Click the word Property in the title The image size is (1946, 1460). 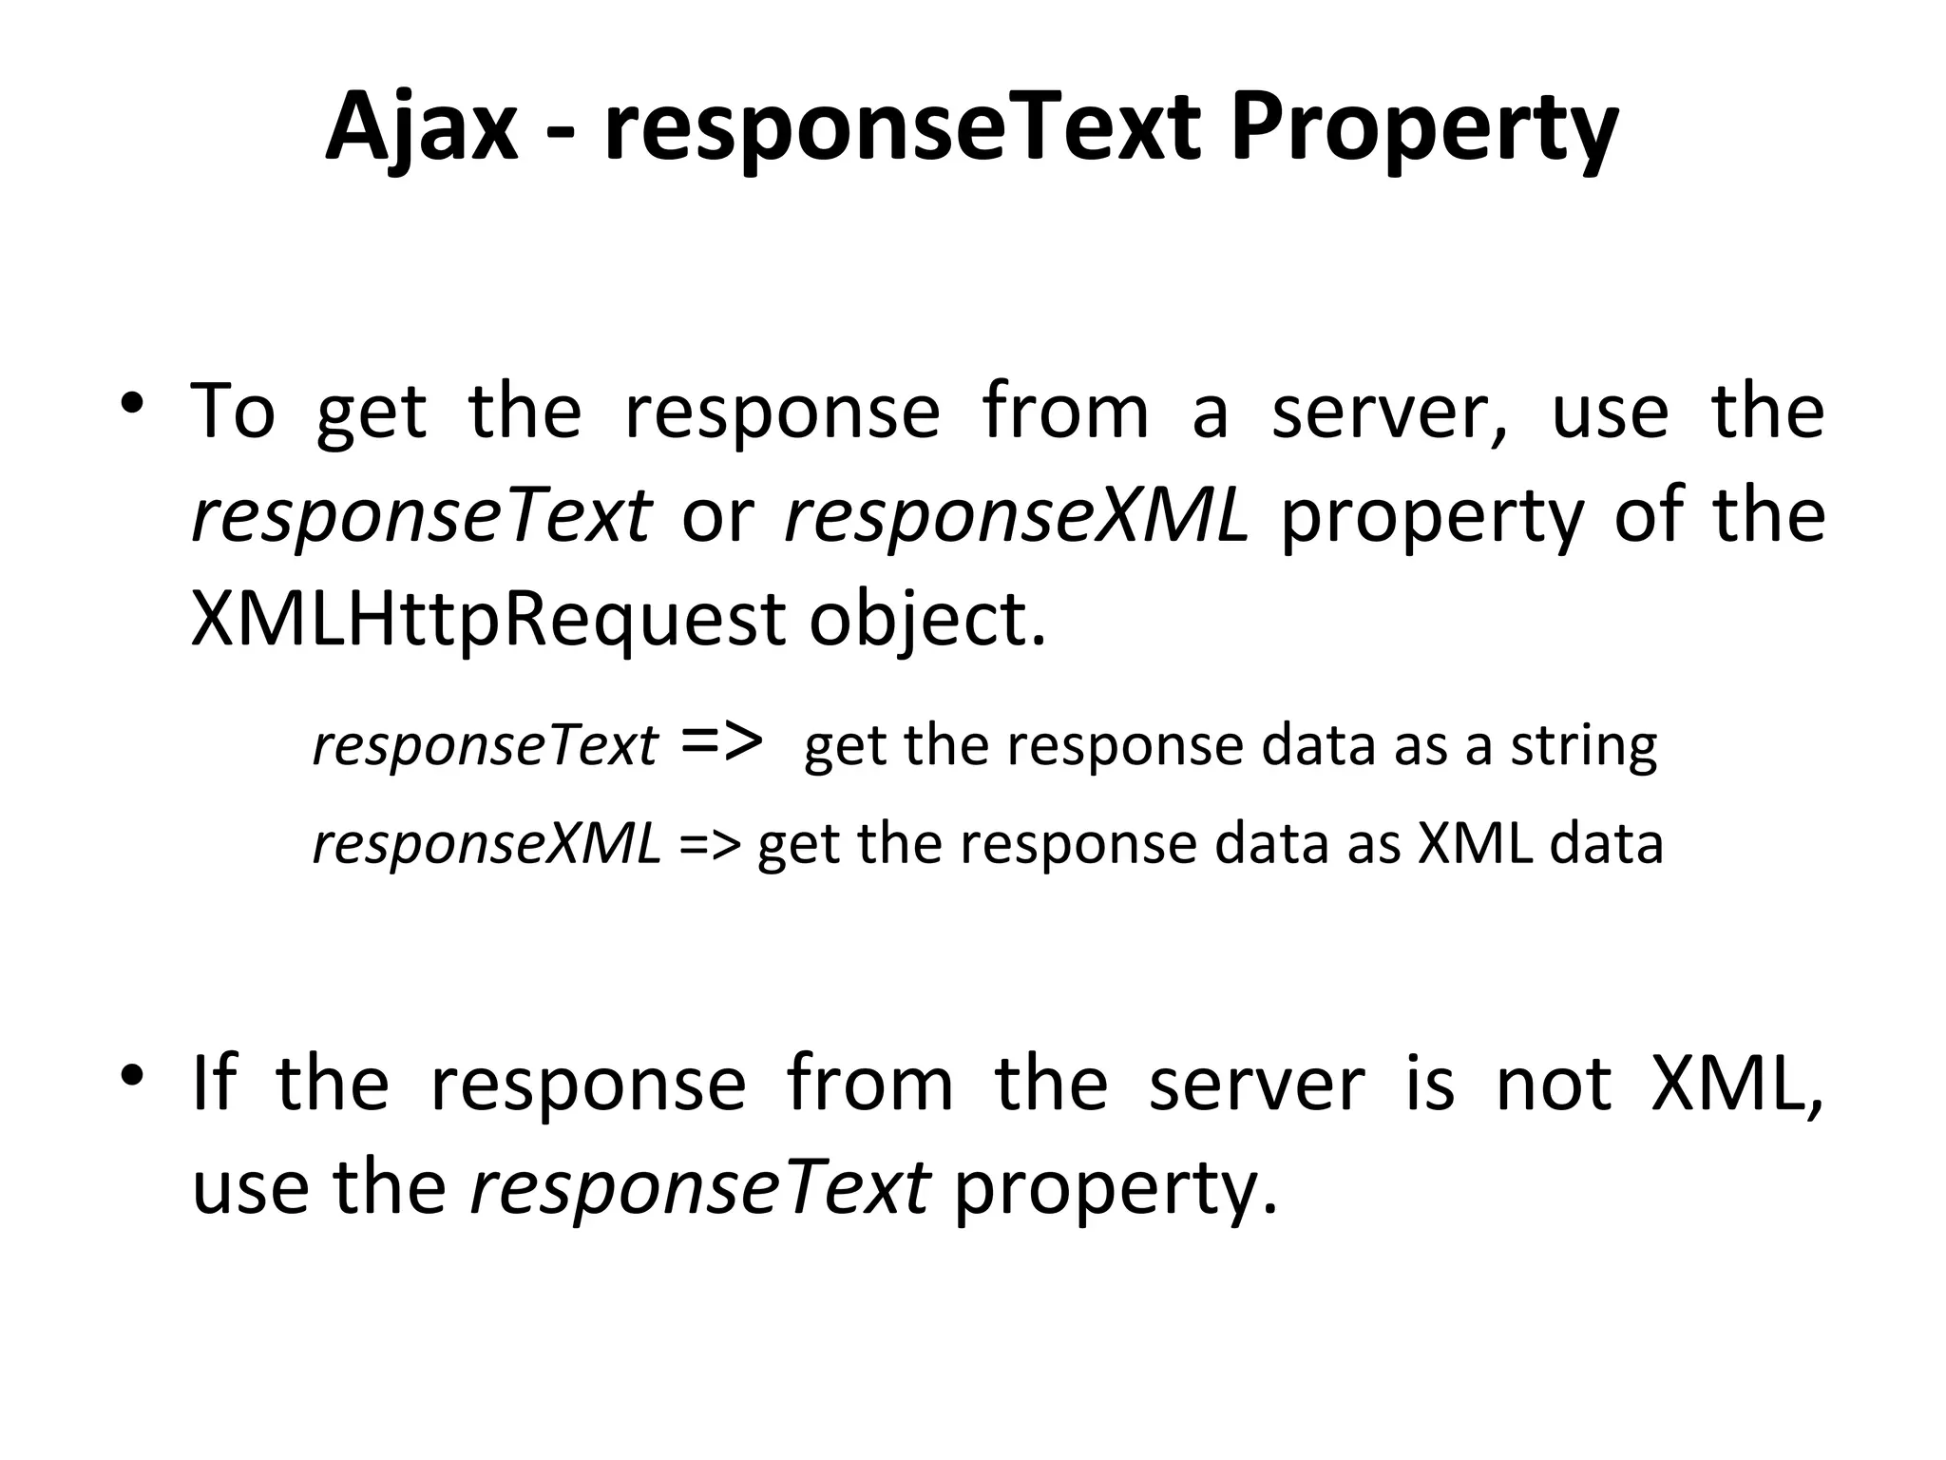[x=1423, y=128]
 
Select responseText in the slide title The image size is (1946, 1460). [x=901, y=128]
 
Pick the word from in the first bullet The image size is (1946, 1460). [x=1064, y=412]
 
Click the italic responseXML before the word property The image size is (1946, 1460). [x=1015, y=516]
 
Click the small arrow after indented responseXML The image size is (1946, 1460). [x=709, y=843]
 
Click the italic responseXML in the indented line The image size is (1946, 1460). [x=486, y=843]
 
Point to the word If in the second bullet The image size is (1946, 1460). [x=213, y=1083]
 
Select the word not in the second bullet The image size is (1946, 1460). [x=1553, y=1083]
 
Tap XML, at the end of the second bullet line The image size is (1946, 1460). [x=1737, y=1083]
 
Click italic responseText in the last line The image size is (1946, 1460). [x=700, y=1187]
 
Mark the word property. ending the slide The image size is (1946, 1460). [x=1116, y=1187]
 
